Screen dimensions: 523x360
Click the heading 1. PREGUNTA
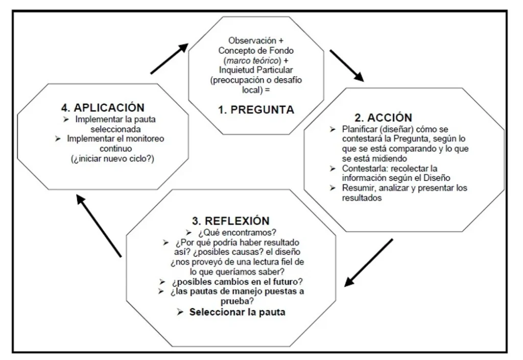pyautogui.click(x=256, y=110)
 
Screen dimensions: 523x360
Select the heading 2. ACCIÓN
pyautogui.click(x=383, y=117)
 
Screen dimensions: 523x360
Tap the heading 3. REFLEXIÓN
pyautogui.click(x=231, y=221)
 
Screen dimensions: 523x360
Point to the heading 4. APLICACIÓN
pyautogui.click(x=103, y=108)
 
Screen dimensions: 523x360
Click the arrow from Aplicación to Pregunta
pyautogui.click(x=170, y=59)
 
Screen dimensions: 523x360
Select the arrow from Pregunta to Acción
pyautogui.click(x=347, y=66)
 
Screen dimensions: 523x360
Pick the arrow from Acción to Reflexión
pyautogui.click(x=369, y=262)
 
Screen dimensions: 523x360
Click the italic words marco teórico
pyautogui.click(x=252, y=61)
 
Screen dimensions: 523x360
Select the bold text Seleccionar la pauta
pyautogui.click(x=237, y=313)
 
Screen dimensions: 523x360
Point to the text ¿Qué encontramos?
pyautogui.click(x=237, y=232)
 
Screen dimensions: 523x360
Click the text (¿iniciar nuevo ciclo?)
pyautogui.click(x=113, y=159)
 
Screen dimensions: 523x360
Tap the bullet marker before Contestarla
pyautogui.click(x=332, y=169)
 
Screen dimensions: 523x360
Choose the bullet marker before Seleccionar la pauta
pyautogui.click(x=180, y=313)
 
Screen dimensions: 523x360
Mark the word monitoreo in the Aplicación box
pyautogui.click(x=145, y=139)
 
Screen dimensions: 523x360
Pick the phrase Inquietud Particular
pyautogui.click(x=256, y=70)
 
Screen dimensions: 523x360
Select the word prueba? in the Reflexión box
pyautogui.click(x=237, y=301)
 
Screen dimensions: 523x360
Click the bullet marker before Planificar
pyautogui.click(x=332, y=129)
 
